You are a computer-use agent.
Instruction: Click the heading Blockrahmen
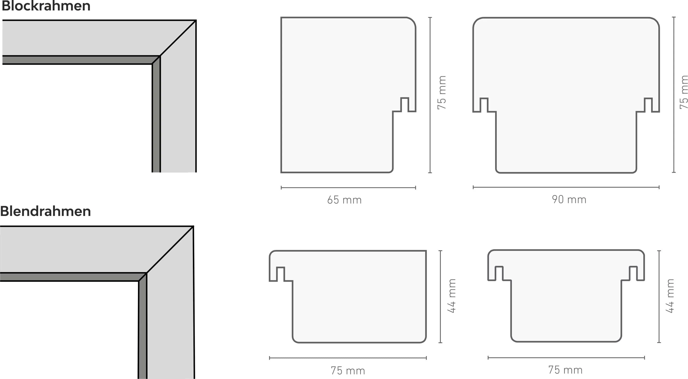46,6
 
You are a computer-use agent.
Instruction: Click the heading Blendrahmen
45,211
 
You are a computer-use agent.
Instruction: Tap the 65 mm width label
344,200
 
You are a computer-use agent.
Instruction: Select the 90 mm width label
569,199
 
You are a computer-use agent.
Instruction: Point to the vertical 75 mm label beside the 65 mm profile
442,92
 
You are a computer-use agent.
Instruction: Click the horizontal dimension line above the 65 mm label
348,188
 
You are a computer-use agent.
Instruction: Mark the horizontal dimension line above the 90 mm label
566,187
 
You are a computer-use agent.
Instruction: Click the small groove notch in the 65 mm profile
405,104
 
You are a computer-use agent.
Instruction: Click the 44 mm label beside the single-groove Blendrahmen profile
452,296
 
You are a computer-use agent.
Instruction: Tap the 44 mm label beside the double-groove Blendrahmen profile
670,296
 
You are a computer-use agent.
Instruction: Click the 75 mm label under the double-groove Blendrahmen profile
565,370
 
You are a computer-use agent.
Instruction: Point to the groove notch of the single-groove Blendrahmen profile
280,274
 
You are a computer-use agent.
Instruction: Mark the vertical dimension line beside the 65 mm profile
430,95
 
